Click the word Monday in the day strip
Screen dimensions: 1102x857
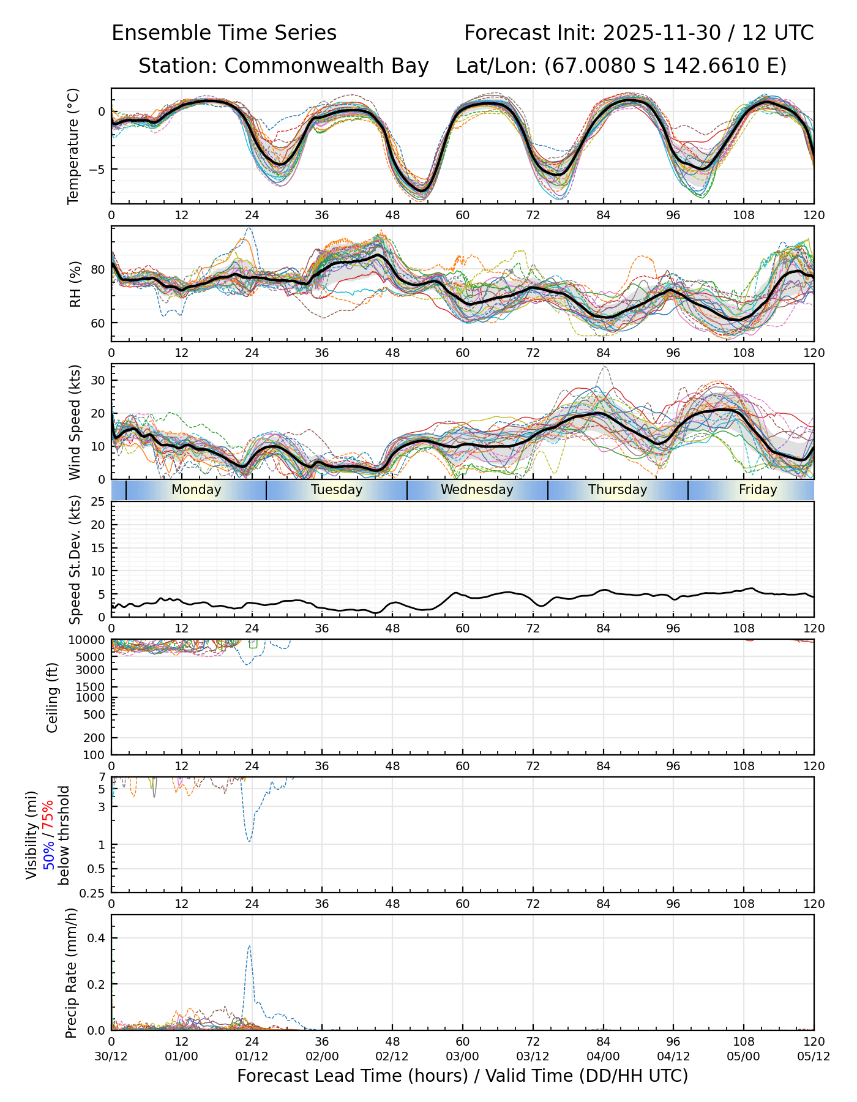[196, 490]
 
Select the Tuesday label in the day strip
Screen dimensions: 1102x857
[337, 490]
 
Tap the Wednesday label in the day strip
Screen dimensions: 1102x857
[477, 490]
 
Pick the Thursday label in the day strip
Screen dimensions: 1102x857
[618, 490]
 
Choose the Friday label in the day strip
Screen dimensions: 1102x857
[758, 490]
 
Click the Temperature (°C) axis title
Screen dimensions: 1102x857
[73, 146]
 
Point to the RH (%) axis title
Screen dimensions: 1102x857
[75, 284]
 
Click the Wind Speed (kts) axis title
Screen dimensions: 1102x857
[75, 422]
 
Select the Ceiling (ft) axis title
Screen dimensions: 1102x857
[53, 697]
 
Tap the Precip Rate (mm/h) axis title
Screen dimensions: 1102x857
[72, 973]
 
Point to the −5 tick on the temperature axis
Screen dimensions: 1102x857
[97, 169]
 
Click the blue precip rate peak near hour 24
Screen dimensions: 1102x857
[249, 946]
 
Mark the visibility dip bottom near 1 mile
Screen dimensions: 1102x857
[249, 842]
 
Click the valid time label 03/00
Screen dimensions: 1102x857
[462, 1057]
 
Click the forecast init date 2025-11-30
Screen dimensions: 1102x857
[662, 33]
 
